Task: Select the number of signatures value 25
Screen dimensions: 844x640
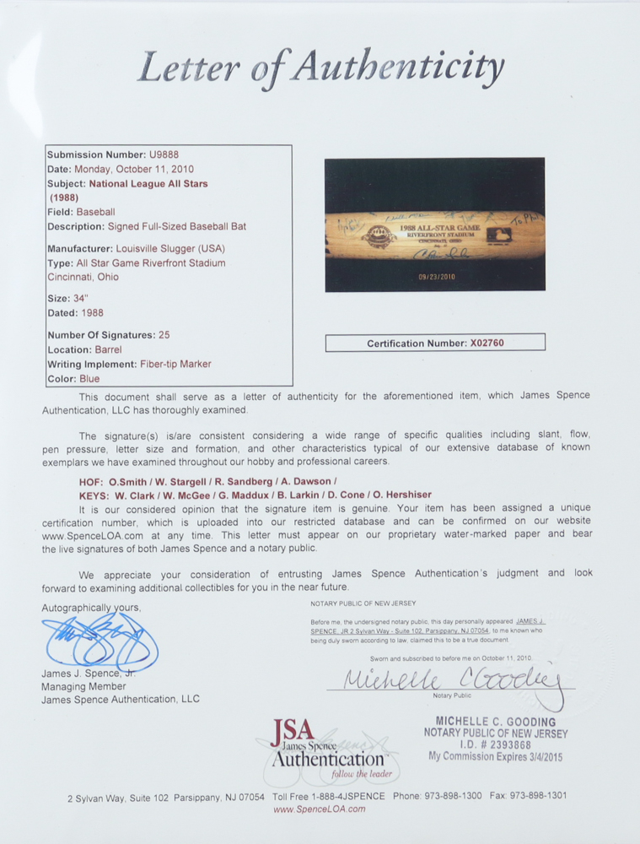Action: tap(164, 335)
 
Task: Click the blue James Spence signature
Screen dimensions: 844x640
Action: tap(99, 644)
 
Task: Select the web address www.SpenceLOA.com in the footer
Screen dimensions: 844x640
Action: tap(320, 809)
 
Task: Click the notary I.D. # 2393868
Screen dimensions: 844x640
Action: tap(496, 745)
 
